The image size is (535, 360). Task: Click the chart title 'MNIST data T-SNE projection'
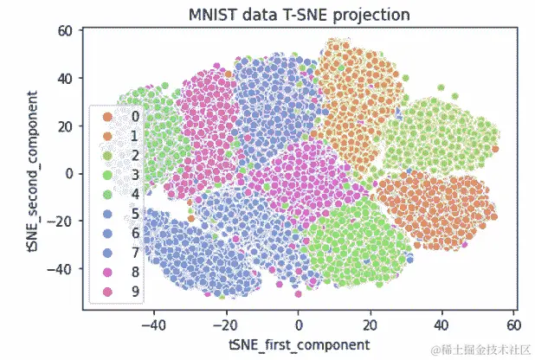(299, 15)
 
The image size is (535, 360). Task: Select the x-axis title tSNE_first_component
(299, 344)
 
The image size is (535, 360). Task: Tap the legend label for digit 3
(134, 177)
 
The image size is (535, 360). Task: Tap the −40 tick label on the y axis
(62, 268)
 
